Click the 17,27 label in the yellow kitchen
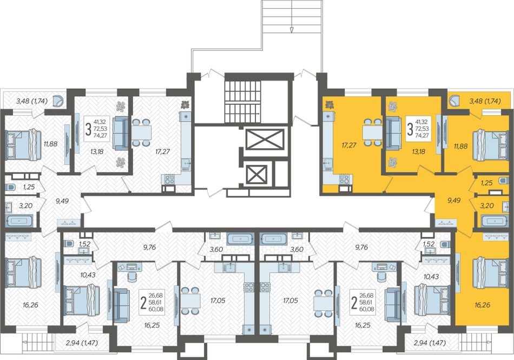coord(348,145)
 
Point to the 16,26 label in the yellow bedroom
coord(482,305)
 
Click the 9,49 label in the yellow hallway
coord(454,200)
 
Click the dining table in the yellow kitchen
coord(372,132)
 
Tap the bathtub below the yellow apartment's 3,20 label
coord(495,222)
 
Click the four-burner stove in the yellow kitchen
coord(345,179)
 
